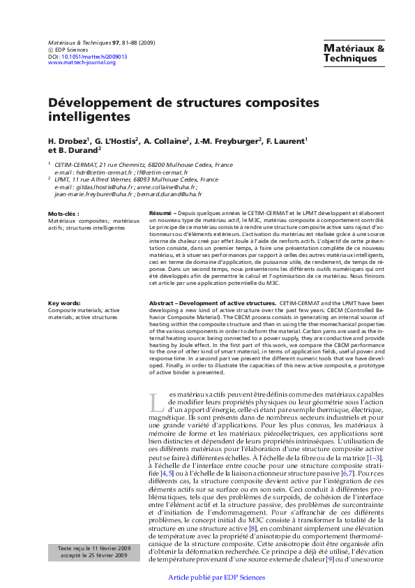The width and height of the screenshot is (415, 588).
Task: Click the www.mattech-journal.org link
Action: click(x=82, y=63)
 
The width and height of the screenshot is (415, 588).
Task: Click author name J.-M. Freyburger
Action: click(x=229, y=140)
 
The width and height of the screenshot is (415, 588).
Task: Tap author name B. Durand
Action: click(x=79, y=149)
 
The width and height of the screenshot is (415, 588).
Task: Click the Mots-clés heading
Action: click(x=63, y=213)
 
